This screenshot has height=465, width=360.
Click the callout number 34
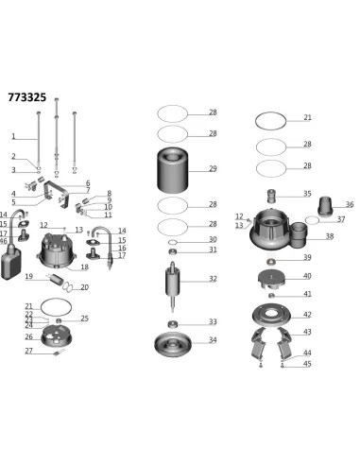[213, 339]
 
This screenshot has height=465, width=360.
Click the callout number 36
[350, 204]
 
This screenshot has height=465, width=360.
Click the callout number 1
[13, 136]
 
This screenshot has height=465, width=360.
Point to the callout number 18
[84, 267]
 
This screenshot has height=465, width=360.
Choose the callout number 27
[29, 351]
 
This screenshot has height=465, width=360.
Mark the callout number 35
[307, 194]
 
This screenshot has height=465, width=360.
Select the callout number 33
[213, 322]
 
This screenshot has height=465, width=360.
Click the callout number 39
[307, 258]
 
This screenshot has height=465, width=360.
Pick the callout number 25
[84, 319]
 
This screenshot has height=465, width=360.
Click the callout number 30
[213, 239]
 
